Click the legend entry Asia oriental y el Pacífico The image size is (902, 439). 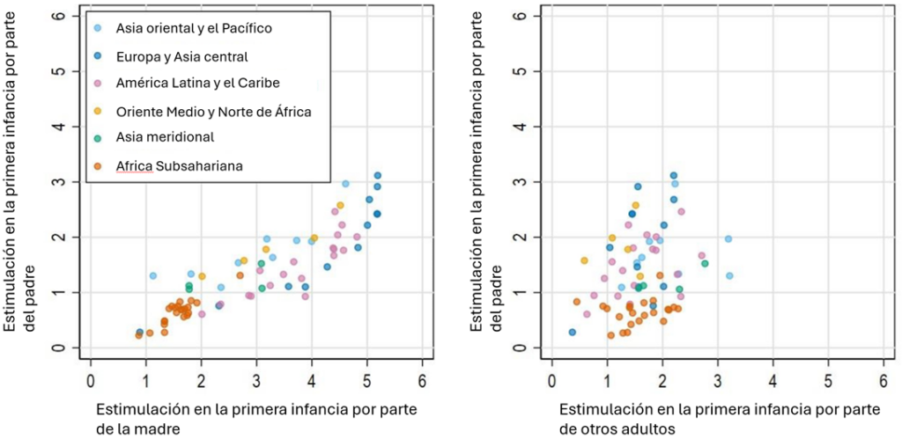coord(194,28)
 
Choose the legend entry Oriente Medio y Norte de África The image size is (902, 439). coord(214,111)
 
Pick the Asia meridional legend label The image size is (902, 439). coord(165,136)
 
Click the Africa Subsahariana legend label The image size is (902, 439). coord(179,165)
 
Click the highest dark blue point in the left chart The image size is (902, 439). coord(378,176)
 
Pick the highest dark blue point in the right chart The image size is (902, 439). coord(674,176)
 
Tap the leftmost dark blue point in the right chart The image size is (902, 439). coord(573,333)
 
